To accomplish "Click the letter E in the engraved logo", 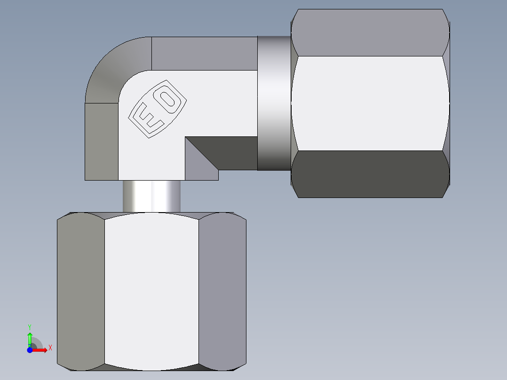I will [x=146, y=120].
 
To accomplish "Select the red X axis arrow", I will [x=40, y=350].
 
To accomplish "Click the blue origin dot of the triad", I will [x=30, y=350].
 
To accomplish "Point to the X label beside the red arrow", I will [x=50, y=348].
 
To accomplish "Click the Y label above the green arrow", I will [x=29, y=326].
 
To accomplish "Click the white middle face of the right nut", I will [x=369, y=103].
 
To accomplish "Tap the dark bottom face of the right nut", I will [x=369, y=174].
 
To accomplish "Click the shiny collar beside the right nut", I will [x=274, y=103].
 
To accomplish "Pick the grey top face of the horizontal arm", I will [x=205, y=53].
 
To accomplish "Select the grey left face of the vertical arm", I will [x=101, y=141].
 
